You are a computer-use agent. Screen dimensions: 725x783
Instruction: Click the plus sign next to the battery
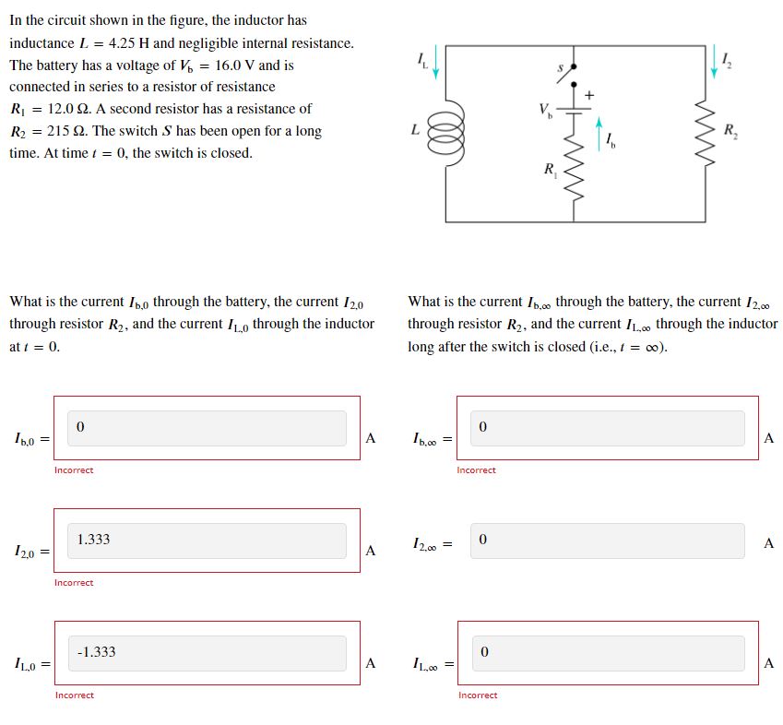pos(590,94)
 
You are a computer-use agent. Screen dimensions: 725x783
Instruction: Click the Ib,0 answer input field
pos(199,428)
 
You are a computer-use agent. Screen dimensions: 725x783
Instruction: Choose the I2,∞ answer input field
pos(607,541)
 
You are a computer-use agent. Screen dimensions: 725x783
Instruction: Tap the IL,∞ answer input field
pos(607,653)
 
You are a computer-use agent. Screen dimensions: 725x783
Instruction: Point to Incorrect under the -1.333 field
pos(74,695)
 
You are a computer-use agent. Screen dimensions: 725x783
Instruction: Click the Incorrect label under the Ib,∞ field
pos(476,470)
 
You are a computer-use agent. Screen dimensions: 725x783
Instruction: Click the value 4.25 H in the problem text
pos(129,43)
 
